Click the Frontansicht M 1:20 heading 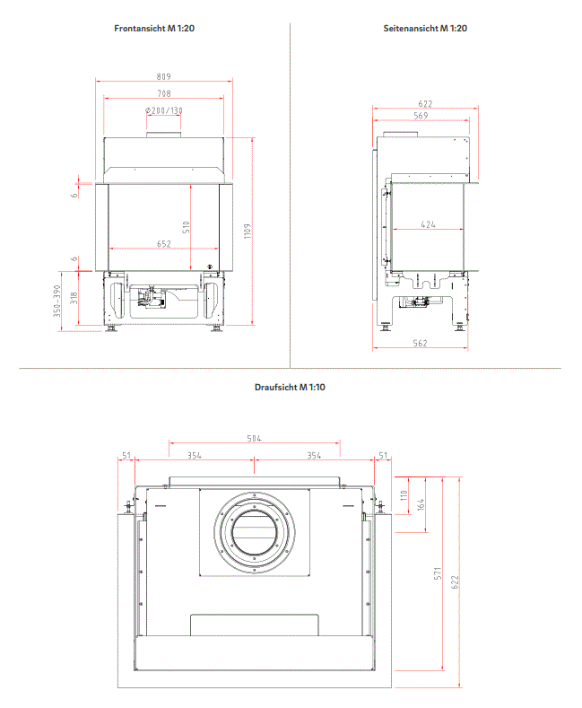(x=154, y=28)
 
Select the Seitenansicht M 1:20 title (x=425, y=28)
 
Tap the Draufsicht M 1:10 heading (x=290, y=387)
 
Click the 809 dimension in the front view (x=164, y=77)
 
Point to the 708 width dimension (x=164, y=93)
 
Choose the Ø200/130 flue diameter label (x=164, y=110)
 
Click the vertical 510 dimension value (x=186, y=227)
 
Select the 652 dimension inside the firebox (x=164, y=244)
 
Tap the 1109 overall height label (x=248, y=232)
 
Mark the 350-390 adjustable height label (x=56, y=301)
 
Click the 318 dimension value (x=74, y=298)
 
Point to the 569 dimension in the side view (x=421, y=116)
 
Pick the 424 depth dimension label (x=428, y=224)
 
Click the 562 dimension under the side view (x=420, y=343)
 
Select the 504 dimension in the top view (x=254, y=439)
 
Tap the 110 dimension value (x=404, y=495)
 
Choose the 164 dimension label (x=421, y=504)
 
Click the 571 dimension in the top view (x=438, y=574)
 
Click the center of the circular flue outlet (x=255, y=531)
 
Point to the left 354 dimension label (x=195, y=456)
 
